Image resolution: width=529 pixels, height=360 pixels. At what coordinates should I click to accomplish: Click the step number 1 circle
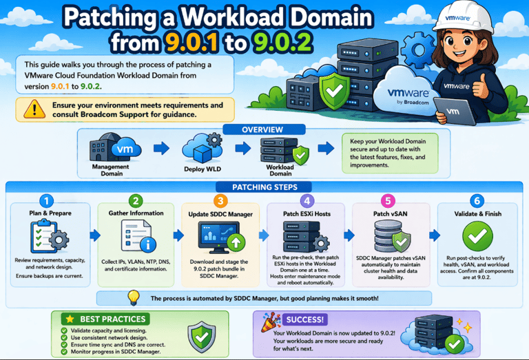pos(46,201)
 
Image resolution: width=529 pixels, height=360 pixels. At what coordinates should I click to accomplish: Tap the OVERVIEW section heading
pos(262,130)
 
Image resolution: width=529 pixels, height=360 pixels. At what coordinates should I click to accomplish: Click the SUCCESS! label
pos(303,319)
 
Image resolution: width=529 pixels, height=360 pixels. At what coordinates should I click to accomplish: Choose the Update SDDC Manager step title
pos(220,214)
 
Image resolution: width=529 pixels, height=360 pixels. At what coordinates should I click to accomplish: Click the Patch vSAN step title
pos(391,214)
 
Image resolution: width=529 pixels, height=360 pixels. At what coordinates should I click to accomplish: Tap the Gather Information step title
pos(136,214)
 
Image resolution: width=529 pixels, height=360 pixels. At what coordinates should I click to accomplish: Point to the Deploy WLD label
pos(203,168)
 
